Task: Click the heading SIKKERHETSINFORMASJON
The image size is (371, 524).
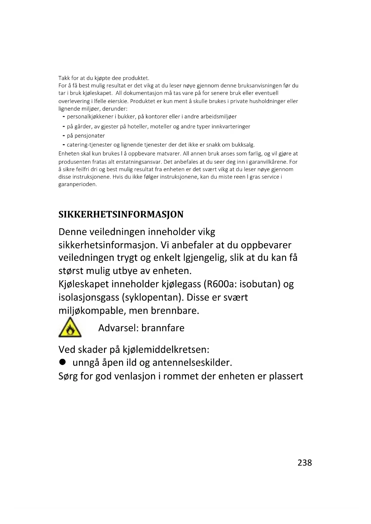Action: tap(121, 214)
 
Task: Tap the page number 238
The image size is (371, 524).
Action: tap(304, 462)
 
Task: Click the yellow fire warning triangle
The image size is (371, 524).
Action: tap(70, 328)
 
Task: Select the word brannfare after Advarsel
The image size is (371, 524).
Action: tap(163, 328)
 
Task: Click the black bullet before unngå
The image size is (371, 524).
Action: tap(62, 362)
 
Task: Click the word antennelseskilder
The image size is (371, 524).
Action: tap(192, 363)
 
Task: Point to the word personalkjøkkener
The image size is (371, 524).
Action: tap(90, 117)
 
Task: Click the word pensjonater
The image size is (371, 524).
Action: tap(90, 136)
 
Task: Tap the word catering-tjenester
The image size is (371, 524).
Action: tap(89, 145)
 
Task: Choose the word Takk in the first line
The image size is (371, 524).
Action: tap(64, 78)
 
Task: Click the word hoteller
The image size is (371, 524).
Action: tap(138, 126)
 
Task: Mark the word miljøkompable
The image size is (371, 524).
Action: tap(92, 311)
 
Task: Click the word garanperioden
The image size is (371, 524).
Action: tap(77, 184)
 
